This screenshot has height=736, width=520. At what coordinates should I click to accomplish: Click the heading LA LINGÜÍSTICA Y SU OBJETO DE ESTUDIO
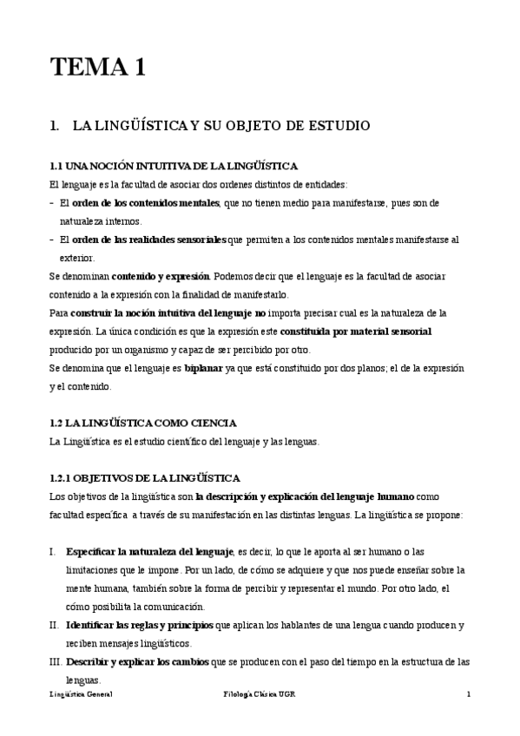tap(221, 126)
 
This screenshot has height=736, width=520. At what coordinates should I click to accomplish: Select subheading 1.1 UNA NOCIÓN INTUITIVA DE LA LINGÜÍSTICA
tap(174, 166)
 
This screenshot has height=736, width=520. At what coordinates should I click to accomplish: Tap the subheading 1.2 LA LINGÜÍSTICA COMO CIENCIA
tap(143, 423)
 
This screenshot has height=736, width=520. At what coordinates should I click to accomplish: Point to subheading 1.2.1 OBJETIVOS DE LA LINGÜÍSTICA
tap(145, 478)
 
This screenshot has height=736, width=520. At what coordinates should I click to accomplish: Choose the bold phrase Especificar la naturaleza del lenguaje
tap(149, 551)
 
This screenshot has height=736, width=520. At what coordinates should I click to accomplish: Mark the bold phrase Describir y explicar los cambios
tap(142, 661)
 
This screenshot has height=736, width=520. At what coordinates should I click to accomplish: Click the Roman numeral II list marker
tap(54, 625)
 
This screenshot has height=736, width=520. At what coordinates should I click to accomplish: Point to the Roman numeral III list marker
tap(55, 661)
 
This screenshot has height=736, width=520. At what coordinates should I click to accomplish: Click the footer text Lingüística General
tap(81, 695)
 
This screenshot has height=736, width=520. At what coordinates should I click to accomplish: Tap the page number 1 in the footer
tap(468, 695)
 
